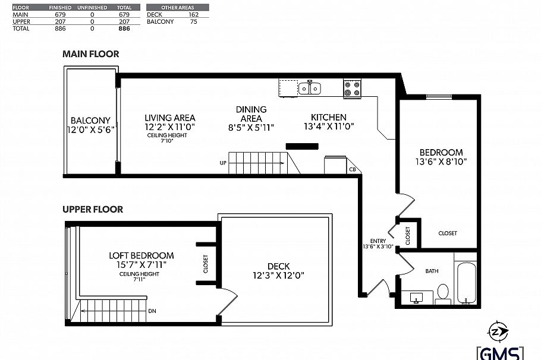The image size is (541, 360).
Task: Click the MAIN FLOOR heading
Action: (91, 54)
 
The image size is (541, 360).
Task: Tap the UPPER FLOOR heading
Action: (93, 209)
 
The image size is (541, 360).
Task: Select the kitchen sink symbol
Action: (309, 89)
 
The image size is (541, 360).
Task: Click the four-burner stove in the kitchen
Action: (352, 89)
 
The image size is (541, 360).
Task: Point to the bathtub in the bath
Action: (465, 282)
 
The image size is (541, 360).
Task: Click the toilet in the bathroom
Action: (443, 293)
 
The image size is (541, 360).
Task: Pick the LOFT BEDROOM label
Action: (141, 255)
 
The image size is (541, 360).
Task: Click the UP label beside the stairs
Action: (223, 163)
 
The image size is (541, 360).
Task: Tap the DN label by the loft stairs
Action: (152, 311)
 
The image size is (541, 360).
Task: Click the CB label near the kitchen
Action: (353, 169)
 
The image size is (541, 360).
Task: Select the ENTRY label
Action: (378, 241)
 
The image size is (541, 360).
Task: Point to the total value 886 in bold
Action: (124, 28)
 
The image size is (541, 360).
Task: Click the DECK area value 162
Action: (193, 14)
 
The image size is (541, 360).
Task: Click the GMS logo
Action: (500, 352)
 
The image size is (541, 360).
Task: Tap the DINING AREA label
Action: (251, 113)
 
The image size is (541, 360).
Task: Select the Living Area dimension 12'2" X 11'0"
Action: (169, 127)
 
